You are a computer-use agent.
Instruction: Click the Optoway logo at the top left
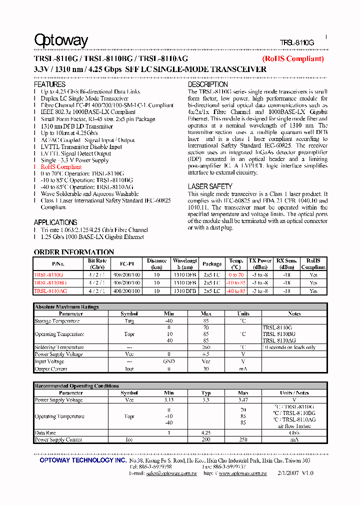[60, 40]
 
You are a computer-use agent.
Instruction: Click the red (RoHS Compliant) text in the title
[293, 59]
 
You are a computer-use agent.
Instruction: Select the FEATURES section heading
[49, 84]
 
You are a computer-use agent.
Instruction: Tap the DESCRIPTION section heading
[208, 85]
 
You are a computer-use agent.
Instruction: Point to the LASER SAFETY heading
[210, 186]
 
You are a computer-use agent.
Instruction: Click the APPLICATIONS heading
[55, 222]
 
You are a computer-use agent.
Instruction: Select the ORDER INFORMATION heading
[74, 252]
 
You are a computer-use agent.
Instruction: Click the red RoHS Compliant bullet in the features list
[61, 166]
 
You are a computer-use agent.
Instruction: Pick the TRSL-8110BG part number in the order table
[50, 283]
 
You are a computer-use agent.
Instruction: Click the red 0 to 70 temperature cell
[236, 275]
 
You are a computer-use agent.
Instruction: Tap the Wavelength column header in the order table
[185, 264]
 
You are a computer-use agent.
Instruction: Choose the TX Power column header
[260, 264]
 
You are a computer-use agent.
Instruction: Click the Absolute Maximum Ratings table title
[66, 307]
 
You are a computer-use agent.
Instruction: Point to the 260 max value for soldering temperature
[206, 347]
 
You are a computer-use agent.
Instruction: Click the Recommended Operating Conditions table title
[76, 386]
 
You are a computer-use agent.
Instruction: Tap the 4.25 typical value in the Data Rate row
[206, 432]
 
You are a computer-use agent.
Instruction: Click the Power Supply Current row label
[58, 439]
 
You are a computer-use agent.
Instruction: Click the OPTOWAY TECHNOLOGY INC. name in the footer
[83, 460]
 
